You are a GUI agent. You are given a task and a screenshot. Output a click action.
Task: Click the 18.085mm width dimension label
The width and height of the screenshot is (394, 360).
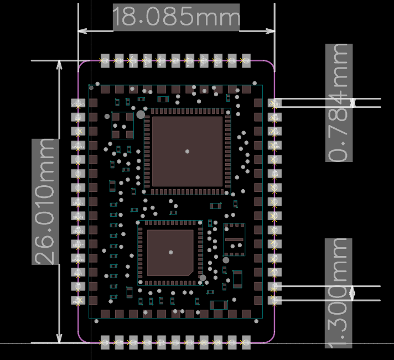coord(176,18)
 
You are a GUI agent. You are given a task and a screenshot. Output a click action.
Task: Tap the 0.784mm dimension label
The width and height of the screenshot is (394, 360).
coord(339,102)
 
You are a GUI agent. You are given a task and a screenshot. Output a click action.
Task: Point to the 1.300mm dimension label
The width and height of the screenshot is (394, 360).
coord(339,293)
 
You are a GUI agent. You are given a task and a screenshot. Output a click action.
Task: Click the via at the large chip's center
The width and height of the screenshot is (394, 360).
coord(187,151)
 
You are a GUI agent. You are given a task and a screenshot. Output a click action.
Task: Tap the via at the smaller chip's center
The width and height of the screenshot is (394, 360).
coord(170,252)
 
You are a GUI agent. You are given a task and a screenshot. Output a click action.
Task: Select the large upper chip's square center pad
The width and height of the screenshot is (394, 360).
coord(187,151)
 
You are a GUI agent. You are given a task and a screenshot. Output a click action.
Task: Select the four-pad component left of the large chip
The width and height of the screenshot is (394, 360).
coord(123,126)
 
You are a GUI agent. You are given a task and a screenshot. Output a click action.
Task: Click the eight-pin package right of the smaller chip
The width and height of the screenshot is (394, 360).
coord(234,239)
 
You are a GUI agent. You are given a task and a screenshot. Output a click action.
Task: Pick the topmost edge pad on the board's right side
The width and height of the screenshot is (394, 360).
coord(274,103)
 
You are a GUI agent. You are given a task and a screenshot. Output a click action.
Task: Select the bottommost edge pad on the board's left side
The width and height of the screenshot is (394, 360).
coord(79,300)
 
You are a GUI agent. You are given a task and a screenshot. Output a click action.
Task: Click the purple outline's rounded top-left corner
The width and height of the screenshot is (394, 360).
coord(82,65)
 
